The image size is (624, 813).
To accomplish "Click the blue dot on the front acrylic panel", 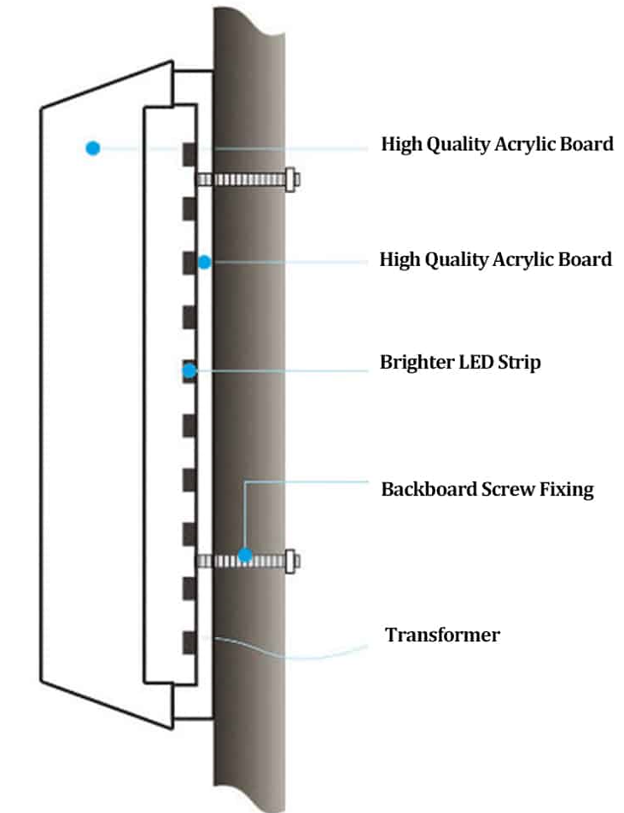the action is click(x=93, y=148).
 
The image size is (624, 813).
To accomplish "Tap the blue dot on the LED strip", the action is click(x=190, y=371).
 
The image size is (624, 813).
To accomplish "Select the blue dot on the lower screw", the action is click(x=245, y=556).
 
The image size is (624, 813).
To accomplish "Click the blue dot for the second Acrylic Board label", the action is click(x=204, y=263).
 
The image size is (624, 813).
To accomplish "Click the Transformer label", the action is click(x=442, y=635).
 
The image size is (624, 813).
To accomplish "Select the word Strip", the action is click(x=519, y=363).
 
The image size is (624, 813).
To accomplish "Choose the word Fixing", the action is click(x=567, y=490).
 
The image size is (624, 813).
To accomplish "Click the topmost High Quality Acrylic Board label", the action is click(x=498, y=144).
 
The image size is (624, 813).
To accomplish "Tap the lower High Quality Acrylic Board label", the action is click(x=496, y=259).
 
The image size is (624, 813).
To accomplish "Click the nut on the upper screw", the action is click(x=291, y=180).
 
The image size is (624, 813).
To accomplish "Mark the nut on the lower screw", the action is click(x=290, y=561).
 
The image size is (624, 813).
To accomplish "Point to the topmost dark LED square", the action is click(x=190, y=154).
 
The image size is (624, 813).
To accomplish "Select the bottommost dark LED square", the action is click(x=190, y=643).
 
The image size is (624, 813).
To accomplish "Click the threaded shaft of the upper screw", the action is click(x=242, y=180).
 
